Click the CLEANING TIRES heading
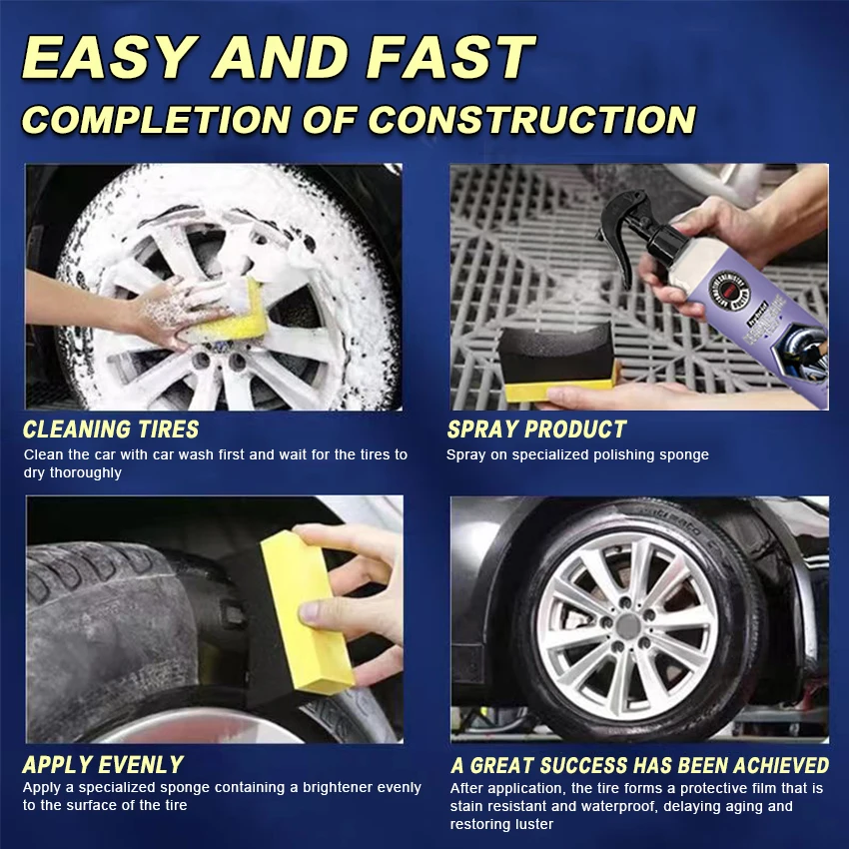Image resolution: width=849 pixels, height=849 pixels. [x=111, y=429]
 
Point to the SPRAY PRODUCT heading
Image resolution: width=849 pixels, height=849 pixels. [x=536, y=429]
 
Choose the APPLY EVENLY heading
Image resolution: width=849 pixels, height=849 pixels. [x=103, y=765]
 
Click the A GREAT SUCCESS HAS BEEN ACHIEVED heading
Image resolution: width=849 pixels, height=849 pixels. [x=639, y=765]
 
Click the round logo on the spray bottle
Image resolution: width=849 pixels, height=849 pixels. [x=728, y=290]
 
